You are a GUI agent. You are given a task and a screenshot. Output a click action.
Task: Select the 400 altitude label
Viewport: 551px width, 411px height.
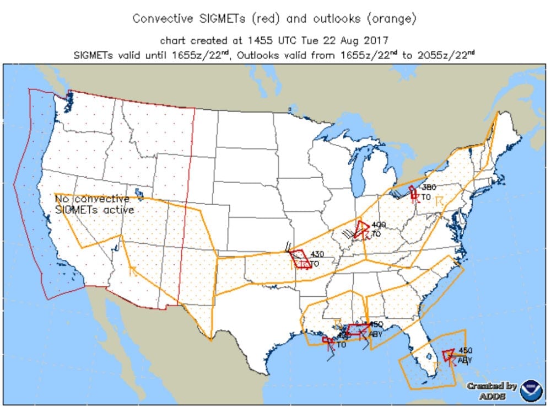(x=378, y=225)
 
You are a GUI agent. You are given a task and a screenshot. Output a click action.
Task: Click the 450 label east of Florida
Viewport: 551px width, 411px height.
(x=465, y=351)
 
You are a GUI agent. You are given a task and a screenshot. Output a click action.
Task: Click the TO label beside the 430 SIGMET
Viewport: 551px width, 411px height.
(x=315, y=264)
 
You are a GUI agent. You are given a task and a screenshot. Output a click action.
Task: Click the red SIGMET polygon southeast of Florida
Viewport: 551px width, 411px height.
(x=448, y=354)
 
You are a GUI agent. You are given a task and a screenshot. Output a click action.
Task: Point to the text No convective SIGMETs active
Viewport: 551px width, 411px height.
(x=94, y=204)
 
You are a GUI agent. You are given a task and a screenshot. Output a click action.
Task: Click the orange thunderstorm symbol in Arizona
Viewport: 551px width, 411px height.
(x=133, y=270)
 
